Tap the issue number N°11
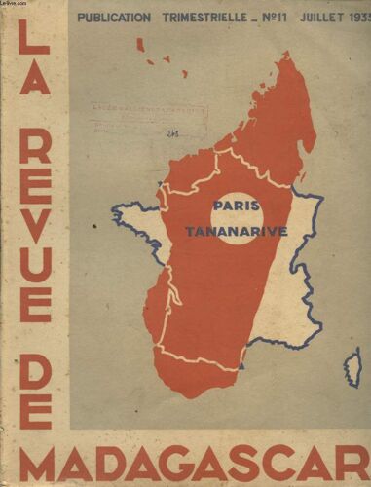click(278, 17)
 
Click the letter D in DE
click(35, 361)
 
